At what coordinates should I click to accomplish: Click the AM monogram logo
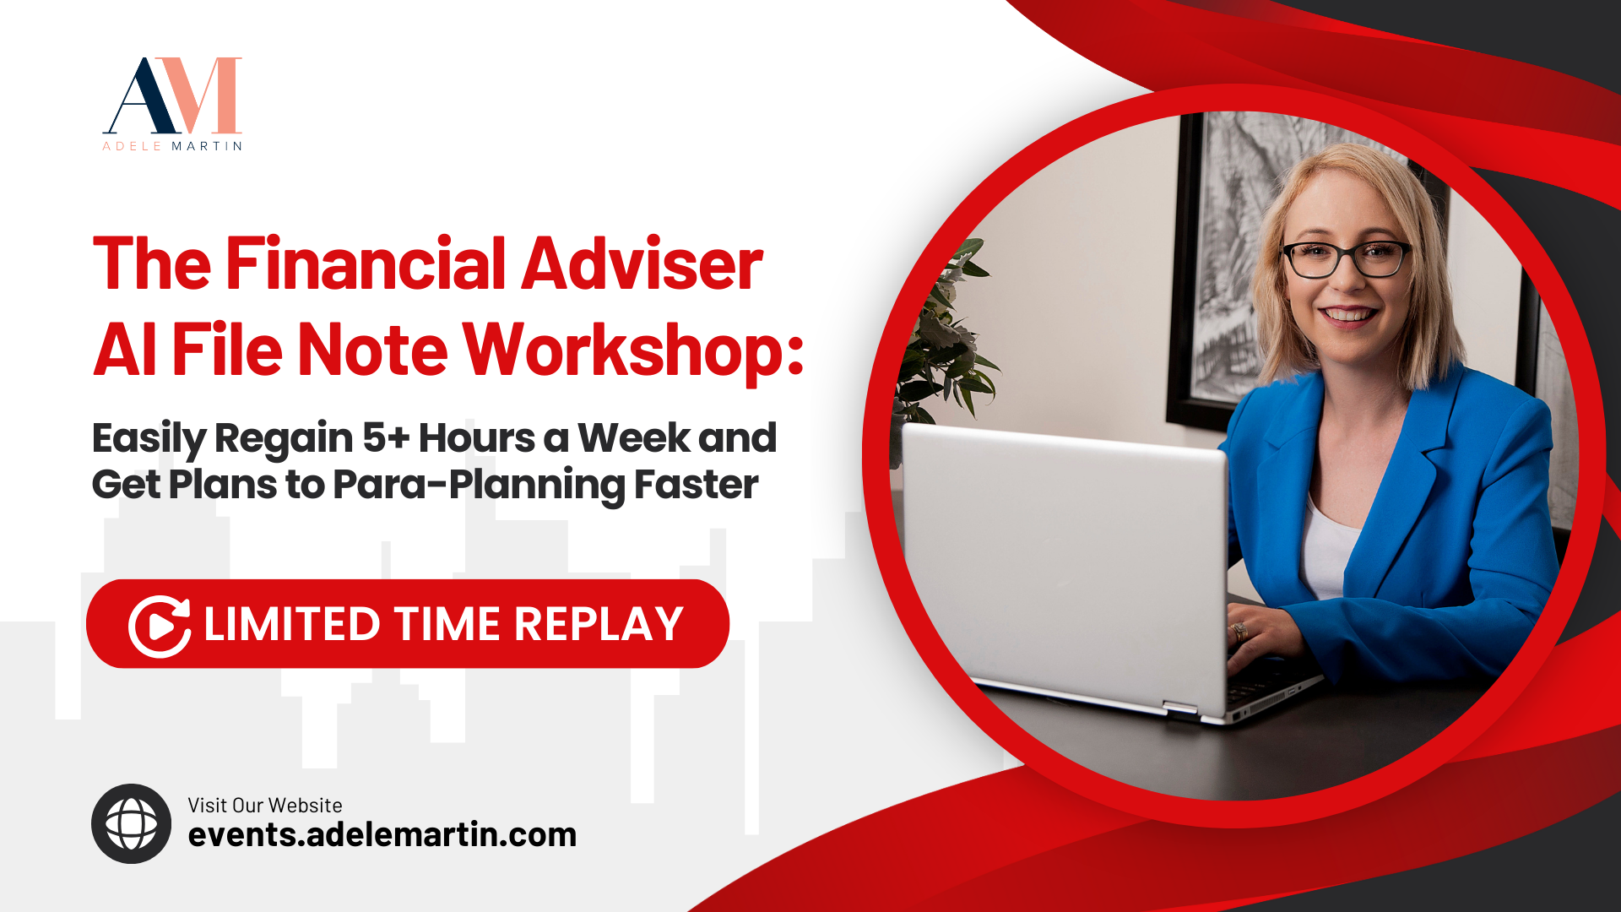coord(172,95)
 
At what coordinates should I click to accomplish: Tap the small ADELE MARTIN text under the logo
coord(172,146)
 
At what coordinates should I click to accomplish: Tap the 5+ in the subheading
coord(386,437)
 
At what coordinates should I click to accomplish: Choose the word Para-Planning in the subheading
coord(478,486)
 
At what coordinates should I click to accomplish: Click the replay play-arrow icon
coord(160,626)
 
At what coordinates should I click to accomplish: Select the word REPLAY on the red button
coord(599,624)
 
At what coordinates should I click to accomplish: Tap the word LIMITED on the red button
coord(291,624)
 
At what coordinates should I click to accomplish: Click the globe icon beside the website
coord(131,823)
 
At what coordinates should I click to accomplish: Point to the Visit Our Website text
coord(265,805)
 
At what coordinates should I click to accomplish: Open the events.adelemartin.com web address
coord(382,834)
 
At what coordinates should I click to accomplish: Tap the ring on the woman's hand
coord(1239,631)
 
